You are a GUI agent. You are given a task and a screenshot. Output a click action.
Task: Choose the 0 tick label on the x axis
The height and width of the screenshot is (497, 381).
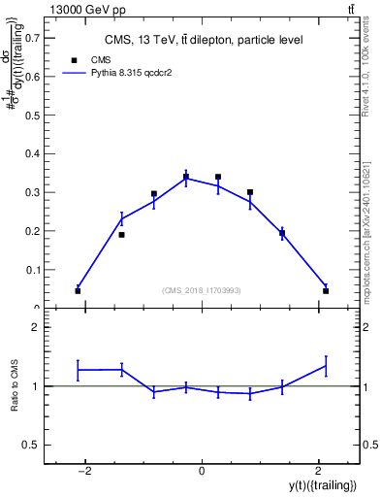(x=202, y=472)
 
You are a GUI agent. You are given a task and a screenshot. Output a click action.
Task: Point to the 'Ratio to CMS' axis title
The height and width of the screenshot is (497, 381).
(x=16, y=385)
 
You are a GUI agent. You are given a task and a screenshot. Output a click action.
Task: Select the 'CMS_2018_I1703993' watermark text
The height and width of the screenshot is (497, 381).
(x=202, y=290)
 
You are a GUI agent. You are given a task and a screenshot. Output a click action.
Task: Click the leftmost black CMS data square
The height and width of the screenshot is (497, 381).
(x=78, y=290)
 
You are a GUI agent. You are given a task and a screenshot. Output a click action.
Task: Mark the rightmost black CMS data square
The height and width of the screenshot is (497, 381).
(x=326, y=290)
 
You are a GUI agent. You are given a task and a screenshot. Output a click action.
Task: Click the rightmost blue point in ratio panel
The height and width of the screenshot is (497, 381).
(x=326, y=366)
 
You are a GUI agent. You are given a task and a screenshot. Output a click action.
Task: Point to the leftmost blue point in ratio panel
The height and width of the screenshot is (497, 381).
(x=78, y=370)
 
